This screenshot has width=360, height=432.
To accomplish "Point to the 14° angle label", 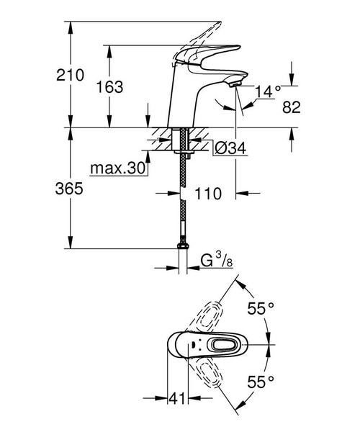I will pyautogui.click(x=267, y=91).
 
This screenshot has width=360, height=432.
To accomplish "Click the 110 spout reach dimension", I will pyautogui.click(x=212, y=194).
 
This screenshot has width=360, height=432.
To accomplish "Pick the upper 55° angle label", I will pyautogui.click(x=261, y=309).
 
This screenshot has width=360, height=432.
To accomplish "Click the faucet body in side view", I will pyautogui.click(x=184, y=101).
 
